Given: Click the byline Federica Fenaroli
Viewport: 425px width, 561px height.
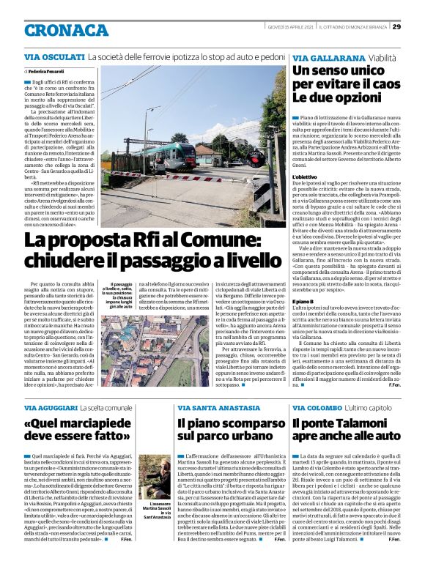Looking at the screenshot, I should [x=47, y=71].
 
